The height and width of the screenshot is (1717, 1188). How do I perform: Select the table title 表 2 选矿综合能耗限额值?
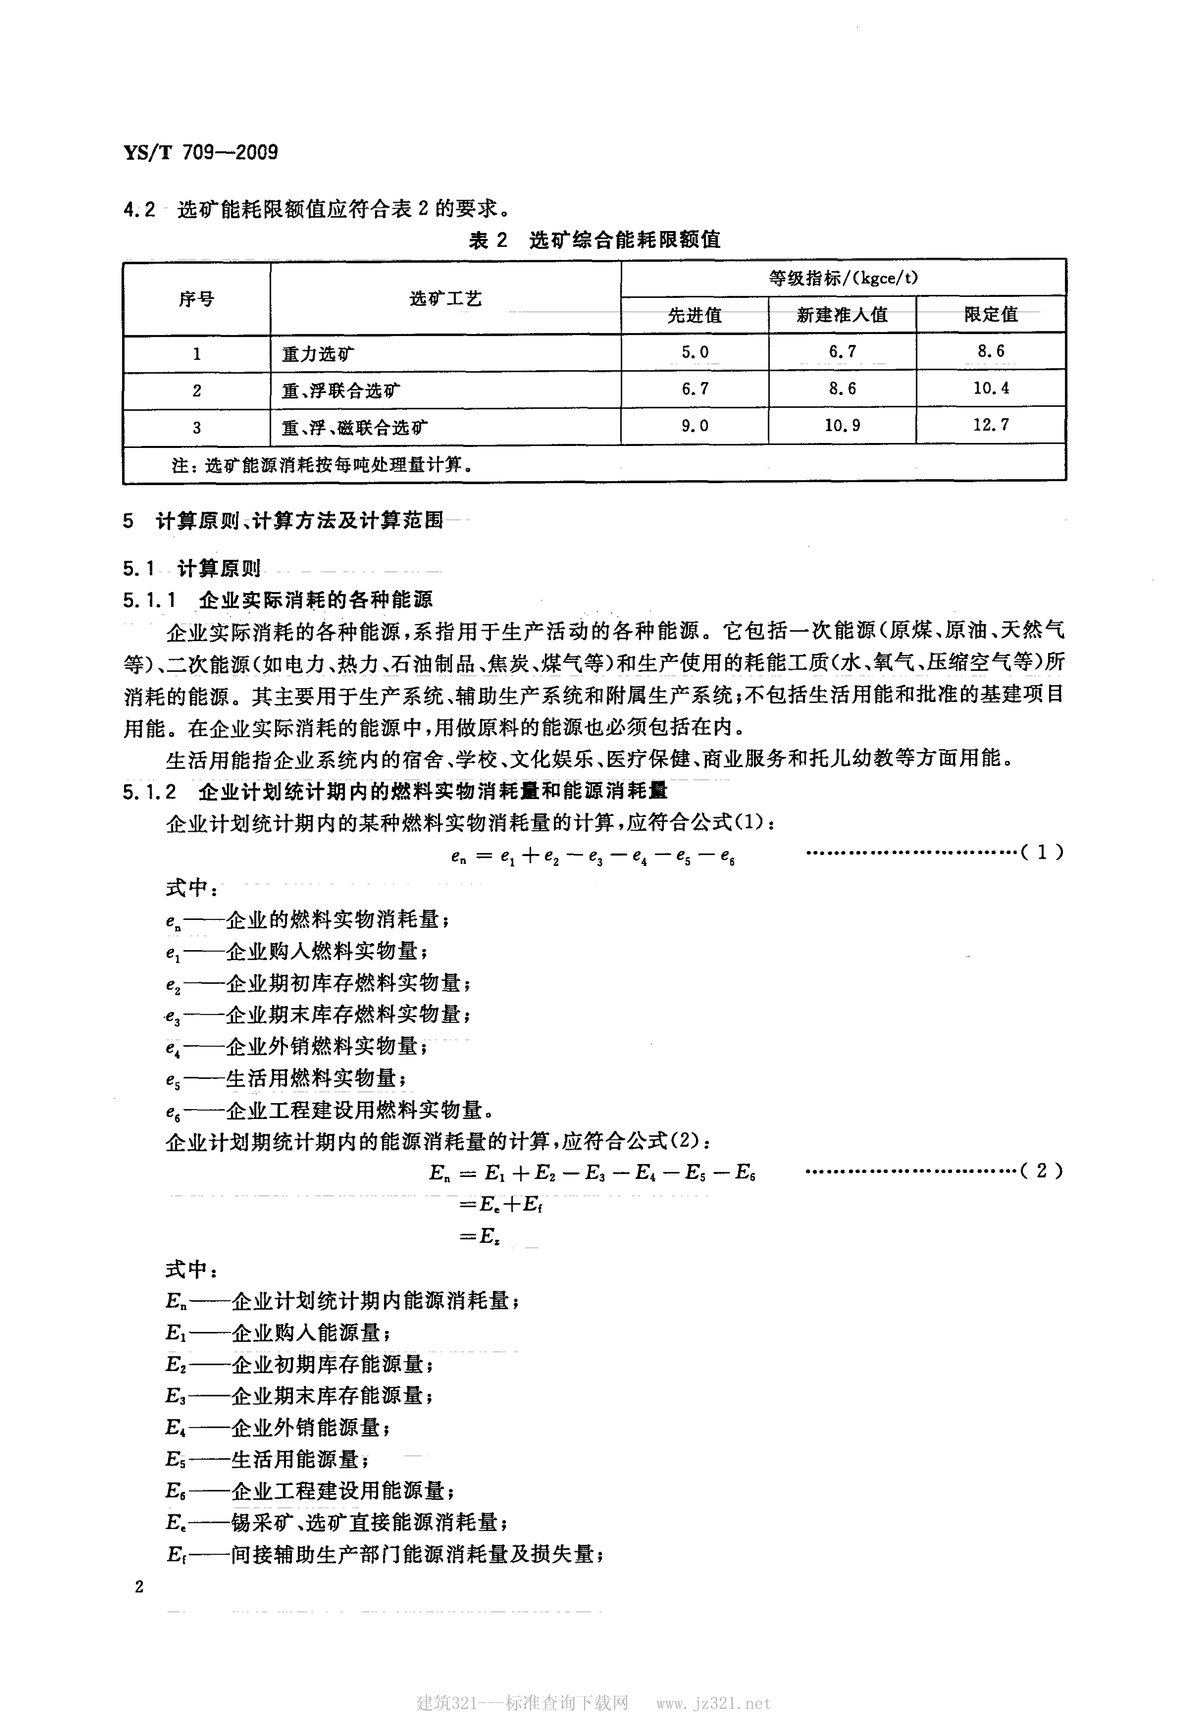click(x=594, y=240)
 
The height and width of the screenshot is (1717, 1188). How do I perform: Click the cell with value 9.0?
click(x=695, y=426)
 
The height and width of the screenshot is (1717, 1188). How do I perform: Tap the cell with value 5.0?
click(x=695, y=352)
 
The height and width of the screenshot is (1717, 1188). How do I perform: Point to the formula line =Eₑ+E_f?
click(x=501, y=1203)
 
